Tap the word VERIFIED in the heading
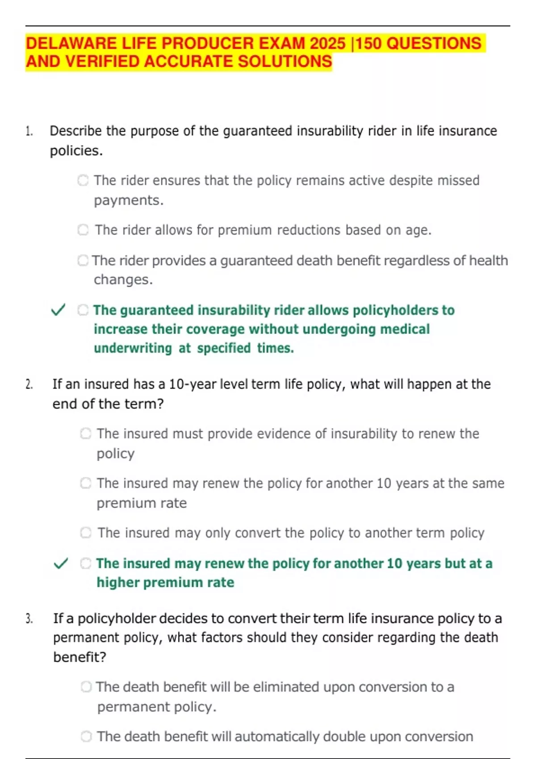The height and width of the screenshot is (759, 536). coord(102,62)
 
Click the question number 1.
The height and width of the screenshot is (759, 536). coord(29,131)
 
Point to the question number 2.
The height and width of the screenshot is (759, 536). coord(29,384)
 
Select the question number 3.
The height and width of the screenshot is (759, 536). coord(29,619)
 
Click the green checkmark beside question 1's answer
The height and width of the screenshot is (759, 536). coord(59,310)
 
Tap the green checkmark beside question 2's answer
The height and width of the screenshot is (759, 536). coord(61,563)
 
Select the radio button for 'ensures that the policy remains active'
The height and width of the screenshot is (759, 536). coord(83,180)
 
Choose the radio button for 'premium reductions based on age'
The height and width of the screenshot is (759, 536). coord(83,230)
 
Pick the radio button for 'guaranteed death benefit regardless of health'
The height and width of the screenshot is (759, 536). coord(83,260)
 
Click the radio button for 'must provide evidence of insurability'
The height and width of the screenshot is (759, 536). coord(86,434)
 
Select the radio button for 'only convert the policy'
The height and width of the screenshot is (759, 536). coord(86,533)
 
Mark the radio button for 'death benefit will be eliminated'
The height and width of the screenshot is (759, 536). coord(86,687)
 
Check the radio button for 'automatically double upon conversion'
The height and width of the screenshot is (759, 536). coord(86,736)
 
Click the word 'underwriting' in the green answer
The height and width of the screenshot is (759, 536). coord(133,348)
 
